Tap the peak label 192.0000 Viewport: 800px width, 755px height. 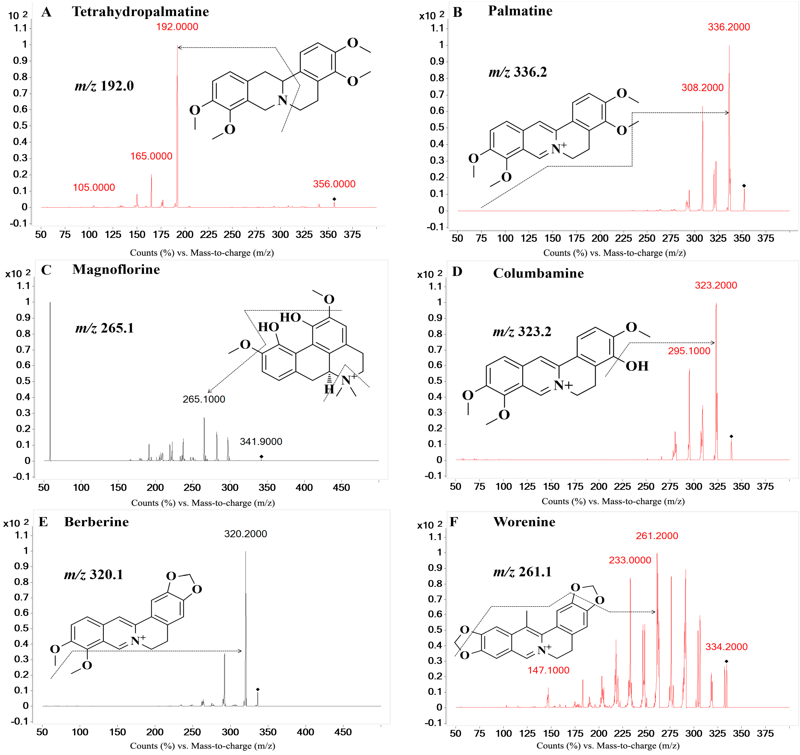(x=177, y=26)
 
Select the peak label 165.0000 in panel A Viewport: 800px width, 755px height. (x=151, y=156)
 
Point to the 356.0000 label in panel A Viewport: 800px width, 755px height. (x=334, y=184)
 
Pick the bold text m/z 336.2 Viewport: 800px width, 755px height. (x=518, y=72)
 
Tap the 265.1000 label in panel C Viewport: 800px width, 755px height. (x=204, y=399)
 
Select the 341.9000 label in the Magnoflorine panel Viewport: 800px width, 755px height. (x=261, y=441)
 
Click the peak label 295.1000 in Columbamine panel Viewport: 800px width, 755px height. (x=689, y=351)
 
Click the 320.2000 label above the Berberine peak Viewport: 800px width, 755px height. (x=246, y=534)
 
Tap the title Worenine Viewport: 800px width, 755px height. (x=524, y=522)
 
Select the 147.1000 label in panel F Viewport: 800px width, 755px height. (x=548, y=670)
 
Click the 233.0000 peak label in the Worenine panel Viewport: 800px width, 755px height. (x=630, y=560)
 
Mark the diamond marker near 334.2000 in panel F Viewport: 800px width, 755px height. (x=726, y=661)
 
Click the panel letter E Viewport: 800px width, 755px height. (x=43, y=522)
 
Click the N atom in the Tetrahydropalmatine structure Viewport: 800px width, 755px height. (x=283, y=100)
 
